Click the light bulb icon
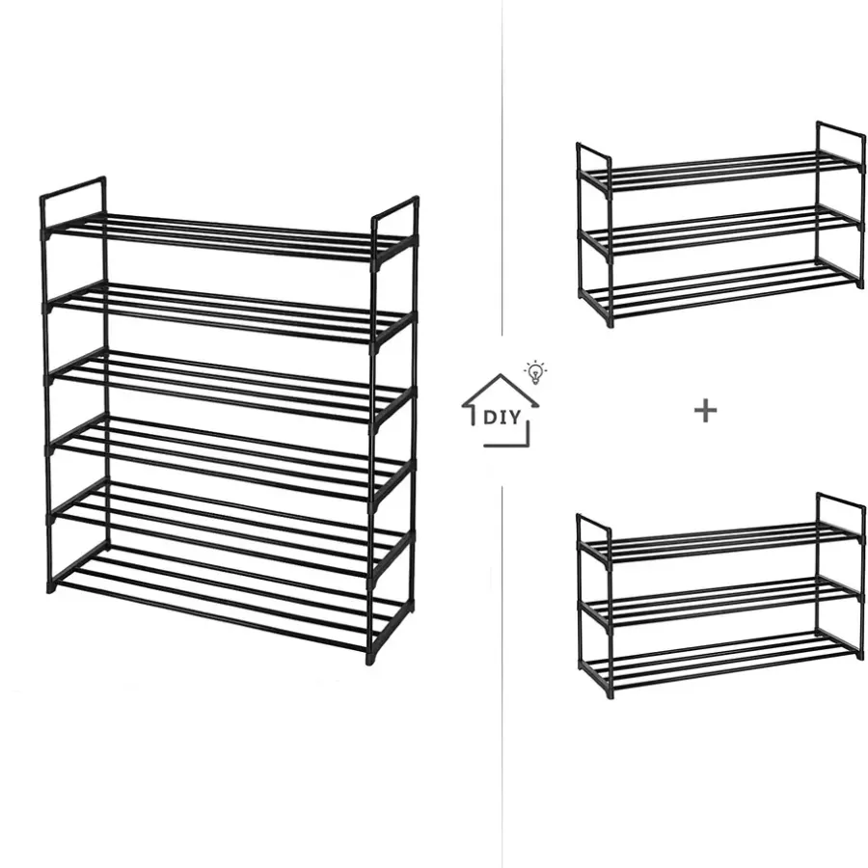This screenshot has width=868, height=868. pyautogui.click(x=535, y=372)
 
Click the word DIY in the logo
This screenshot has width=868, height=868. pyautogui.click(x=502, y=417)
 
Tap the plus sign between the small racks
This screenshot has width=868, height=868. pyautogui.click(x=705, y=411)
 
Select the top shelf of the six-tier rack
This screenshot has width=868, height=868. pyautogui.click(x=227, y=238)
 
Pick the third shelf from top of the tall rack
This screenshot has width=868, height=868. pyautogui.click(x=228, y=387)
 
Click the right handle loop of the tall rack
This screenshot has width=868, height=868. pyautogui.click(x=395, y=210)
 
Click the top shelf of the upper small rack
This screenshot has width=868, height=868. pyautogui.click(x=720, y=172)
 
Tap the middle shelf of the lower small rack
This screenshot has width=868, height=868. pyautogui.click(x=720, y=601)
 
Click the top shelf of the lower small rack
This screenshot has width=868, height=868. pyautogui.click(x=720, y=543)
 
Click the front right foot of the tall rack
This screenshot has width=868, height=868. pyautogui.click(x=369, y=658)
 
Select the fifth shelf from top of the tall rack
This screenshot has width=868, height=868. pyautogui.click(x=229, y=529)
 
